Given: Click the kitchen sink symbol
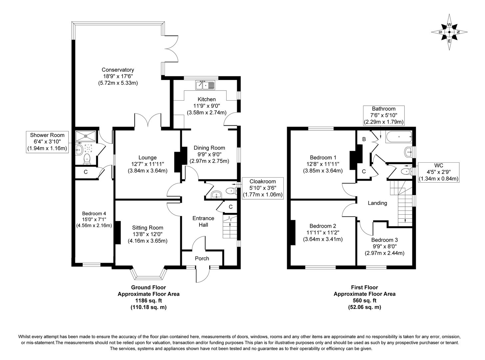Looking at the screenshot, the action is click(205, 85).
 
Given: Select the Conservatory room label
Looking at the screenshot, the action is click(118, 70).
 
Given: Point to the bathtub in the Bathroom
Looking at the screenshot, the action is click(399, 137).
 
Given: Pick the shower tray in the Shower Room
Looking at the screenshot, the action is click(86, 136).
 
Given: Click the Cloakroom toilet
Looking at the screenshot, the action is click(231, 191).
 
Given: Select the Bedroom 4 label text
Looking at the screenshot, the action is click(94, 213).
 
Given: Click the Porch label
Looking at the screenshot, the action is click(202, 258).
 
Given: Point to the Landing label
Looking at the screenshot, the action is click(377, 203).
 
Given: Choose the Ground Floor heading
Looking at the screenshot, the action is click(149, 287).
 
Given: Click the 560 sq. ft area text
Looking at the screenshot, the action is click(364, 300).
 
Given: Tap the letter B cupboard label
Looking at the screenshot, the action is click(364, 139).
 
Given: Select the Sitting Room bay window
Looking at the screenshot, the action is click(149, 273).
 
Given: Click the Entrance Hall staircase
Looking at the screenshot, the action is click(230, 227).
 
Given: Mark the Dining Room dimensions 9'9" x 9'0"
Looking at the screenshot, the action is click(209, 155).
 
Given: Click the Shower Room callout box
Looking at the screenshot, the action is click(47, 142).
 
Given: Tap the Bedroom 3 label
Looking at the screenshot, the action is click(384, 240).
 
